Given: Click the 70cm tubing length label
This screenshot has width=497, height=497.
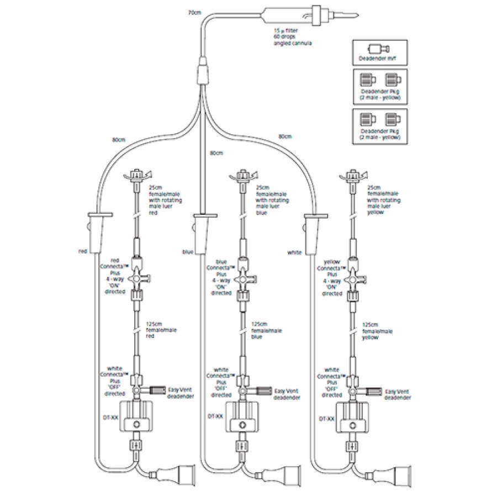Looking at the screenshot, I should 194,12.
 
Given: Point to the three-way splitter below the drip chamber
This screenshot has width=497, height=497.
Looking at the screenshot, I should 203,73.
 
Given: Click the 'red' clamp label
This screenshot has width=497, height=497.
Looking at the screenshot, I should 83,251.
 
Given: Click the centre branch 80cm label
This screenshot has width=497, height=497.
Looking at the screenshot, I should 216,152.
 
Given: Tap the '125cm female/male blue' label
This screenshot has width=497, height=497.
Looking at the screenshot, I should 262,330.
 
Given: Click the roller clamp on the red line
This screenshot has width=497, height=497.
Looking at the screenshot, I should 98,229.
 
